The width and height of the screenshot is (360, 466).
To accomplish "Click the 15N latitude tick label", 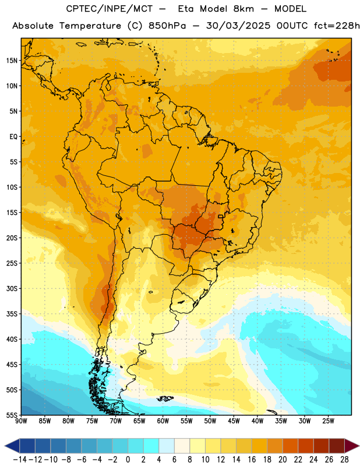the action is point(11,61).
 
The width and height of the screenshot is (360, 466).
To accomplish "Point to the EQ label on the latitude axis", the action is point(13,137).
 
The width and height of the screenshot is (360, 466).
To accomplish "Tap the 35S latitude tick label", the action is point(12,314).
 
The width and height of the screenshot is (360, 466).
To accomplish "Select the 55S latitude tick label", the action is point(12,415).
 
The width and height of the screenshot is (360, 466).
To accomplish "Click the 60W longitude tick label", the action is point(163,421).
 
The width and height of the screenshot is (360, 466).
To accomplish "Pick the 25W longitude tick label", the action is point(328,421).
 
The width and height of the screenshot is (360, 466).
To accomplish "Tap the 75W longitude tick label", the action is point(92,421).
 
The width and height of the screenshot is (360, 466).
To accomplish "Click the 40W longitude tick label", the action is point(257,421).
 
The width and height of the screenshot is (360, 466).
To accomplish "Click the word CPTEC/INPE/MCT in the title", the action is point(110,9).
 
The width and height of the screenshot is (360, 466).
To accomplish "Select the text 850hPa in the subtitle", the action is point(167,26).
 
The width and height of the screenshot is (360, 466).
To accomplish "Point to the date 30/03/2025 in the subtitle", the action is point(238,26).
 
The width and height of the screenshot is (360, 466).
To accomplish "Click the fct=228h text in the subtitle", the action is point(337,26).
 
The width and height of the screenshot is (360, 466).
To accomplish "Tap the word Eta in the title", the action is point(186,9).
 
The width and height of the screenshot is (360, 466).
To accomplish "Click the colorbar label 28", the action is point(344,460).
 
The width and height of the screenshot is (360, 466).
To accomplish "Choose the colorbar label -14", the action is point(20,460).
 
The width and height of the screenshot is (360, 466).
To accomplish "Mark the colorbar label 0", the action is point(128,460).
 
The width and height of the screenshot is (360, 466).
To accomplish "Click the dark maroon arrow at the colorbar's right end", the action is point(352,446).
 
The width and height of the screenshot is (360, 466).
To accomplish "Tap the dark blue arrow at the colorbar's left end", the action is point(12,446).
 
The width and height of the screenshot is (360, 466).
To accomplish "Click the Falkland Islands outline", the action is point(165,398).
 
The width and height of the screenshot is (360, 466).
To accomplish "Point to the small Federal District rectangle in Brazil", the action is point(221,216).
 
